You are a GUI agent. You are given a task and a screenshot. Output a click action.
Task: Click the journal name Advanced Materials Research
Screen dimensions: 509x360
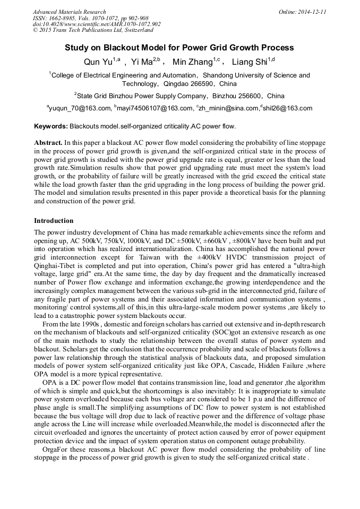point(69,12)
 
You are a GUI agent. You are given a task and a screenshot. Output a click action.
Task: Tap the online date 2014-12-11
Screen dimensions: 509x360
point(310,12)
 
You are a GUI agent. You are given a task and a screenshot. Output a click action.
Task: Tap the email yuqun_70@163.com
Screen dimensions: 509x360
point(80,108)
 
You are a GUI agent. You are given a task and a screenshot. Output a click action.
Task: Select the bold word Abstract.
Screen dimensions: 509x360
point(48,143)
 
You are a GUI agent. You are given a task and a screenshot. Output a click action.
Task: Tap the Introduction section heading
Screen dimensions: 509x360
point(54,220)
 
